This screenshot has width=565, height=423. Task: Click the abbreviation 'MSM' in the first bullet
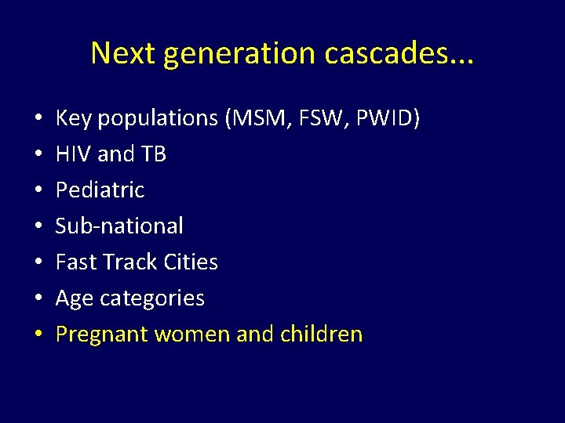(256, 118)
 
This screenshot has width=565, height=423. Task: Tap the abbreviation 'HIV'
(73, 154)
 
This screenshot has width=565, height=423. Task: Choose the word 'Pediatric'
(100, 190)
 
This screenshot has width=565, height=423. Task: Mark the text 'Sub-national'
(119, 226)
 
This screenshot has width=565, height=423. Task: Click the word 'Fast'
(75, 262)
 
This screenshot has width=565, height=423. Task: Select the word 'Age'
(73, 298)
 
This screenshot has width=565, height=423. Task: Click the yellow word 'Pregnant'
(102, 334)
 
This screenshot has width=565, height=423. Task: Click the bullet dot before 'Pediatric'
(38, 190)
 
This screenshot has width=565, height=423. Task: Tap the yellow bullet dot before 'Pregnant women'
(38, 334)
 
